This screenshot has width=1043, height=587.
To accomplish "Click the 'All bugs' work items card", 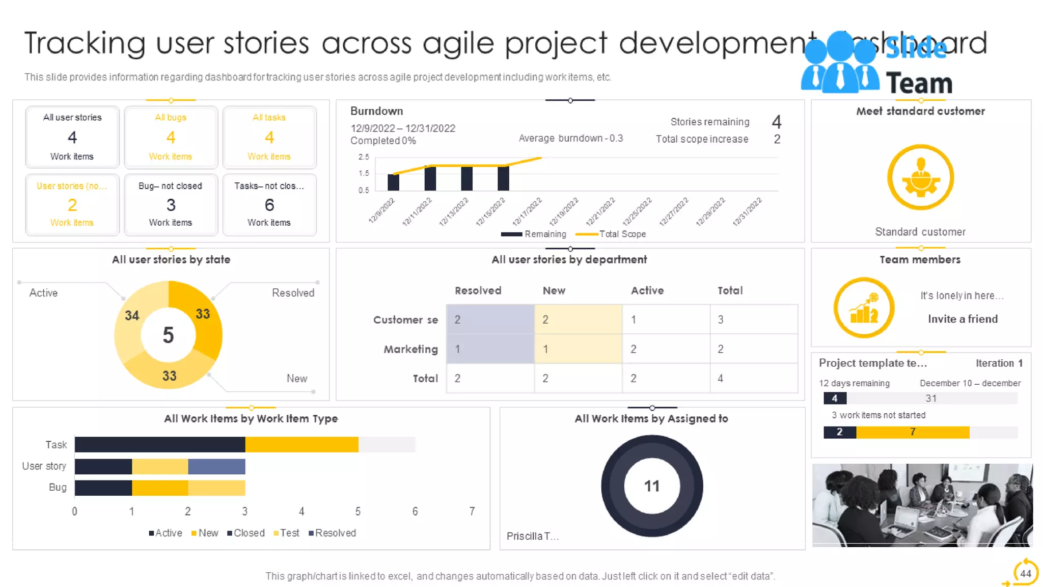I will [171, 137].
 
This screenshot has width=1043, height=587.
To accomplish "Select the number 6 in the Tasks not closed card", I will [269, 205].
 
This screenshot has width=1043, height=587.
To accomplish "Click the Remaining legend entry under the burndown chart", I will [534, 234].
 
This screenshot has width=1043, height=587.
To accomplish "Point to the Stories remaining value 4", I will [776, 122].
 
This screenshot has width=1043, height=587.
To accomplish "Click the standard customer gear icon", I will [920, 177].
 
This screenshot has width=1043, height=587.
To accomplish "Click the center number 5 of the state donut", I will [168, 335].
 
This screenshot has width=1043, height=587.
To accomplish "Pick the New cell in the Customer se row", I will [578, 319].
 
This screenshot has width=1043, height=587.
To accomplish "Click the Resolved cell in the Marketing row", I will [490, 349].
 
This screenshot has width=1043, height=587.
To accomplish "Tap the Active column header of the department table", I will [647, 290].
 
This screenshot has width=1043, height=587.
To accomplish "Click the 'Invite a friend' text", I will [963, 319].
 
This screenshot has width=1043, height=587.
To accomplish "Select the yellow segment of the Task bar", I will [301, 445].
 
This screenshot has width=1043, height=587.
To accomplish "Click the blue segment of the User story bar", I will [216, 466].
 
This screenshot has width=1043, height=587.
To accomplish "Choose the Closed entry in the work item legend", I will [246, 533].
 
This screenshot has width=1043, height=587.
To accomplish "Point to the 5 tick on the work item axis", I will [358, 511].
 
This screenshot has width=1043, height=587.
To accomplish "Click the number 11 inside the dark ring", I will [651, 486].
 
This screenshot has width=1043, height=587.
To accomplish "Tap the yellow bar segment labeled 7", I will [913, 432].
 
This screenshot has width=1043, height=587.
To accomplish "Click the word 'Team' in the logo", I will [919, 83].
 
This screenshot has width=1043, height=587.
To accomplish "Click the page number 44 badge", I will [1025, 573].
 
